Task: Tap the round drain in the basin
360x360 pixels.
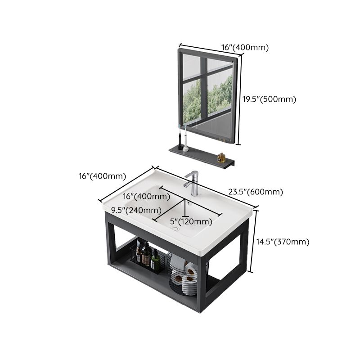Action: pyautogui.click(x=175, y=229)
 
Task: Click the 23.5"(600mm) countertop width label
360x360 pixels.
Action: pyautogui.click(x=255, y=192)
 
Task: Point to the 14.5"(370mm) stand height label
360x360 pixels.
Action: pyautogui.click(x=283, y=242)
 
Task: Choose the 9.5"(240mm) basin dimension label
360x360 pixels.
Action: pyautogui.click(x=136, y=210)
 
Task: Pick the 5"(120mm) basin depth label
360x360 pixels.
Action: pyautogui.click(x=191, y=221)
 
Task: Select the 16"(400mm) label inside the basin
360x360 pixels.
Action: pyautogui.click(x=146, y=196)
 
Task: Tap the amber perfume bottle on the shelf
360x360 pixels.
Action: pyautogui.click(x=221, y=157)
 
